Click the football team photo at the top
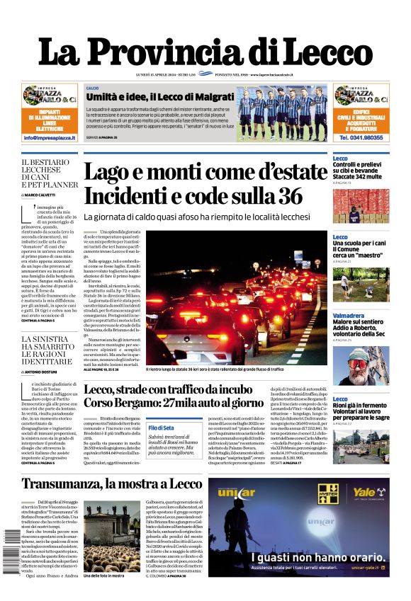click(282, 113)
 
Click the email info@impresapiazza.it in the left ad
click(50, 137)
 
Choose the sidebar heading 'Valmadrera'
click(348, 315)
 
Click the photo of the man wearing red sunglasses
click(361, 365)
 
